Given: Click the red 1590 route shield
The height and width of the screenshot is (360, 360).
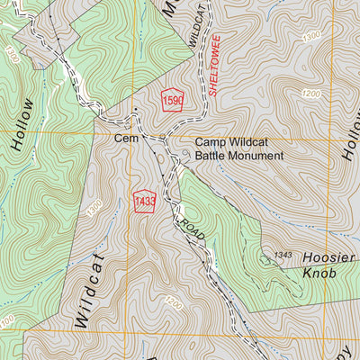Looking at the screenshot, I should click(173, 101).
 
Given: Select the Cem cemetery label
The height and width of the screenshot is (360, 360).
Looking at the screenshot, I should click(124, 139).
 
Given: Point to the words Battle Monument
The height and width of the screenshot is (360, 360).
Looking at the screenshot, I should click(239, 156).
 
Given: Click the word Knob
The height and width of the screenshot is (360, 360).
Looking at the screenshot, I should click(320, 271).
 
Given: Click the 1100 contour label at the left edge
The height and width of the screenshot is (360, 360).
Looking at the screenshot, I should click(6, 321).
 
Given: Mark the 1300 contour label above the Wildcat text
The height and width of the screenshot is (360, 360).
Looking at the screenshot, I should click(94, 208).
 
